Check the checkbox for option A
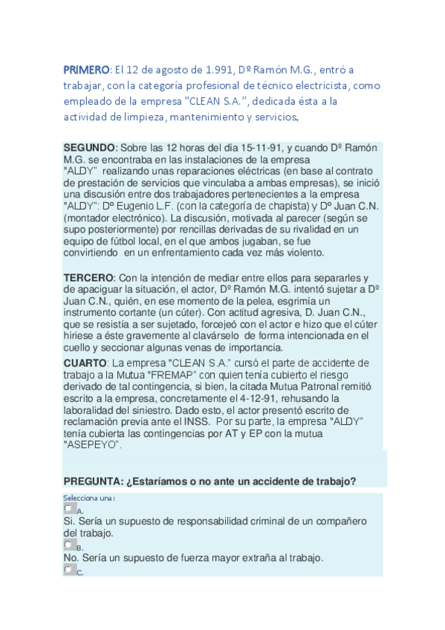pos(69,509)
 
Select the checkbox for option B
pos(69,545)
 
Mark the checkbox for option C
pos(69,570)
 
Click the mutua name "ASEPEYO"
pos(91,444)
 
